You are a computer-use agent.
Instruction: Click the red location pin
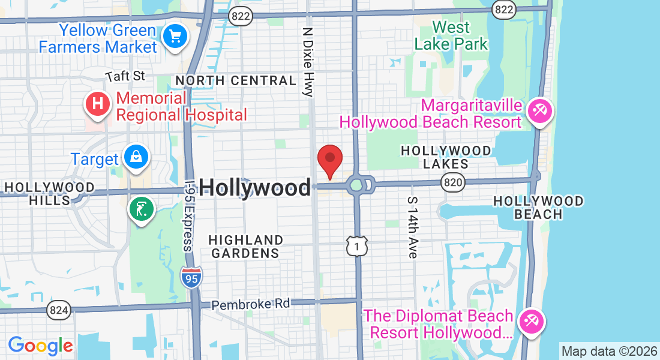pos(329,160)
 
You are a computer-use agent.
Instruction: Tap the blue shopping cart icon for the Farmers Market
pos(175,37)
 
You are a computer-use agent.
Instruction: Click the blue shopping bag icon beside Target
pos(136,157)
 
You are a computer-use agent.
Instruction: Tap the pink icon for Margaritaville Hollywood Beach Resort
pos(539,111)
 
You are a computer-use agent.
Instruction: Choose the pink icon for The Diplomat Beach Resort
pos(531,321)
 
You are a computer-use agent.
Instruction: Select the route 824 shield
pos(58,310)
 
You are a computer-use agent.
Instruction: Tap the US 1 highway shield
pos(356,245)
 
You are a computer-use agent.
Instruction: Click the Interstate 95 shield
pos(191,277)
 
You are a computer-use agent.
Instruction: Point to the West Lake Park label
pos(451,36)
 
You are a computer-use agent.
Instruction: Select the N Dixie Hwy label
pos(308,61)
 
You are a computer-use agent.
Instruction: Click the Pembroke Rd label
pos(250,304)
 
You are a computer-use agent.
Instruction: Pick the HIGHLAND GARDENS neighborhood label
pos(245,247)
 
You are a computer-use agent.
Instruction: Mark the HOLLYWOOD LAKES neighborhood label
pos(445,157)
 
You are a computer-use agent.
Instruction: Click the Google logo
pos(40,346)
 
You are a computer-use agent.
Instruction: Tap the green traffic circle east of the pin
pos(356,184)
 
